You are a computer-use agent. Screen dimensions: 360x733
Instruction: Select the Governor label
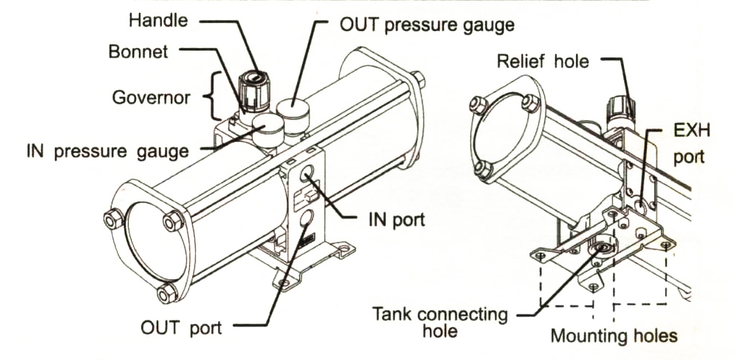[x=151, y=97]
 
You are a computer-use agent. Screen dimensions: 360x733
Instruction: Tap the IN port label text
[x=396, y=220]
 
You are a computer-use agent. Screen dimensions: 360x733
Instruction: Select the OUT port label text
[x=181, y=328]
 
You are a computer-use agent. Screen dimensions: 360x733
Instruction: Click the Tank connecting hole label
[x=440, y=322]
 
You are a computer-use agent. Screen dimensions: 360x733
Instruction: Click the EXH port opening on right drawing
[x=639, y=206]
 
